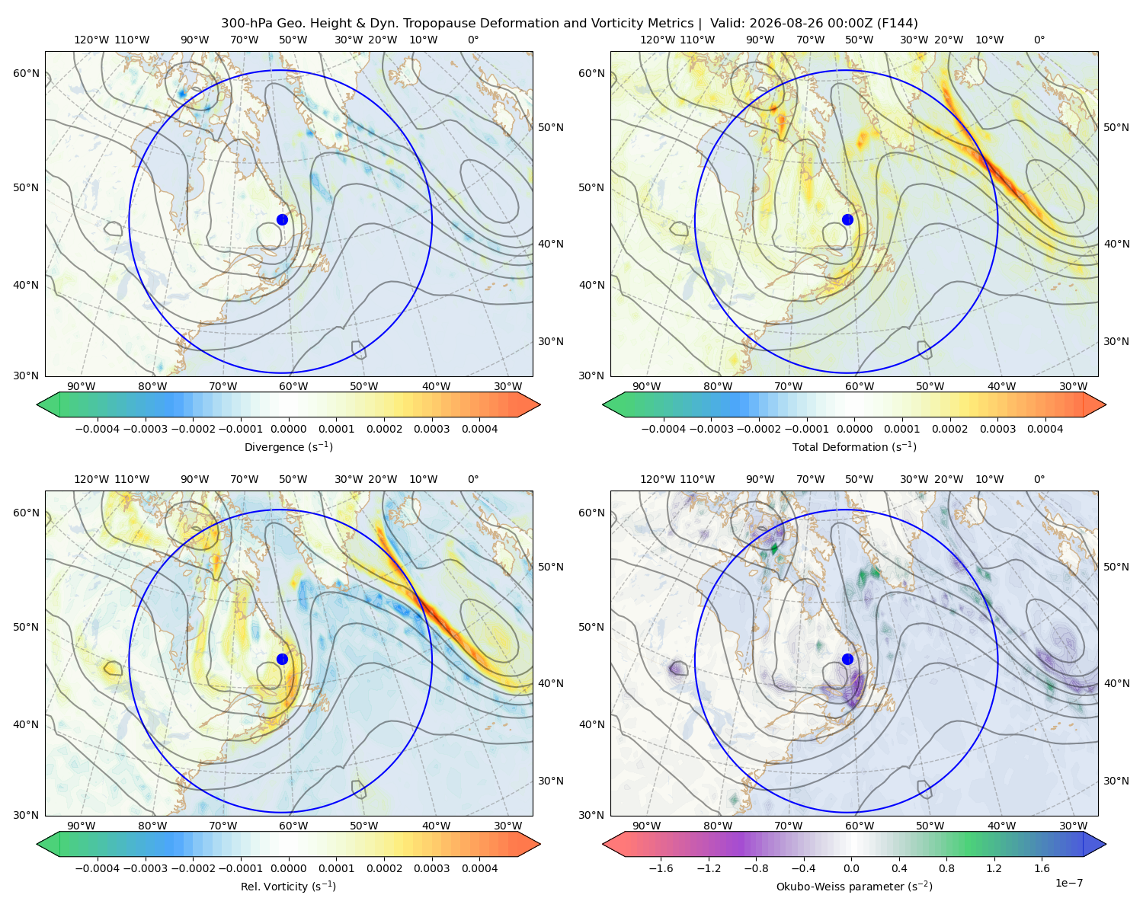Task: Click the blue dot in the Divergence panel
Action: [282, 219]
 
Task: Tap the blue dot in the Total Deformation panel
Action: [847, 219]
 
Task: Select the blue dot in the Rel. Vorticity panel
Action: [282, 659]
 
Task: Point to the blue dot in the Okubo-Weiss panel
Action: [847, 659]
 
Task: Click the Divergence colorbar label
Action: [288, 446]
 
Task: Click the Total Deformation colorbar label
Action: [854, 446]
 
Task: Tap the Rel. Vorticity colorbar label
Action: [288, 886]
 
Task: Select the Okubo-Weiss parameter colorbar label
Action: [854, 886]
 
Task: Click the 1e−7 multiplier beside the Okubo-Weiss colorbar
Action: [1068, 883]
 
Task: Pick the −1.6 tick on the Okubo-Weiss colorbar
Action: [661, 868]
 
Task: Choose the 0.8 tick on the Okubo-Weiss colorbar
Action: [946, 868]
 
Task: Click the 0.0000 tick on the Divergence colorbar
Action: [288, 429]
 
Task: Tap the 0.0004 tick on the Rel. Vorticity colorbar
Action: [479, 868]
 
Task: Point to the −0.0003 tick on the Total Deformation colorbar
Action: [711, 429]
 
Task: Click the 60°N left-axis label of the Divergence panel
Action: [26, 73]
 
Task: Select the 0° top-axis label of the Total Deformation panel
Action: [1039, 40]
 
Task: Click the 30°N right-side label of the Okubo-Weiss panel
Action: [1116, 780]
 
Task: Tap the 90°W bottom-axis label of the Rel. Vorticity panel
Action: [82, 826]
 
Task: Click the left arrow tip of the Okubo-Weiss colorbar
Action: [603, 843]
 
